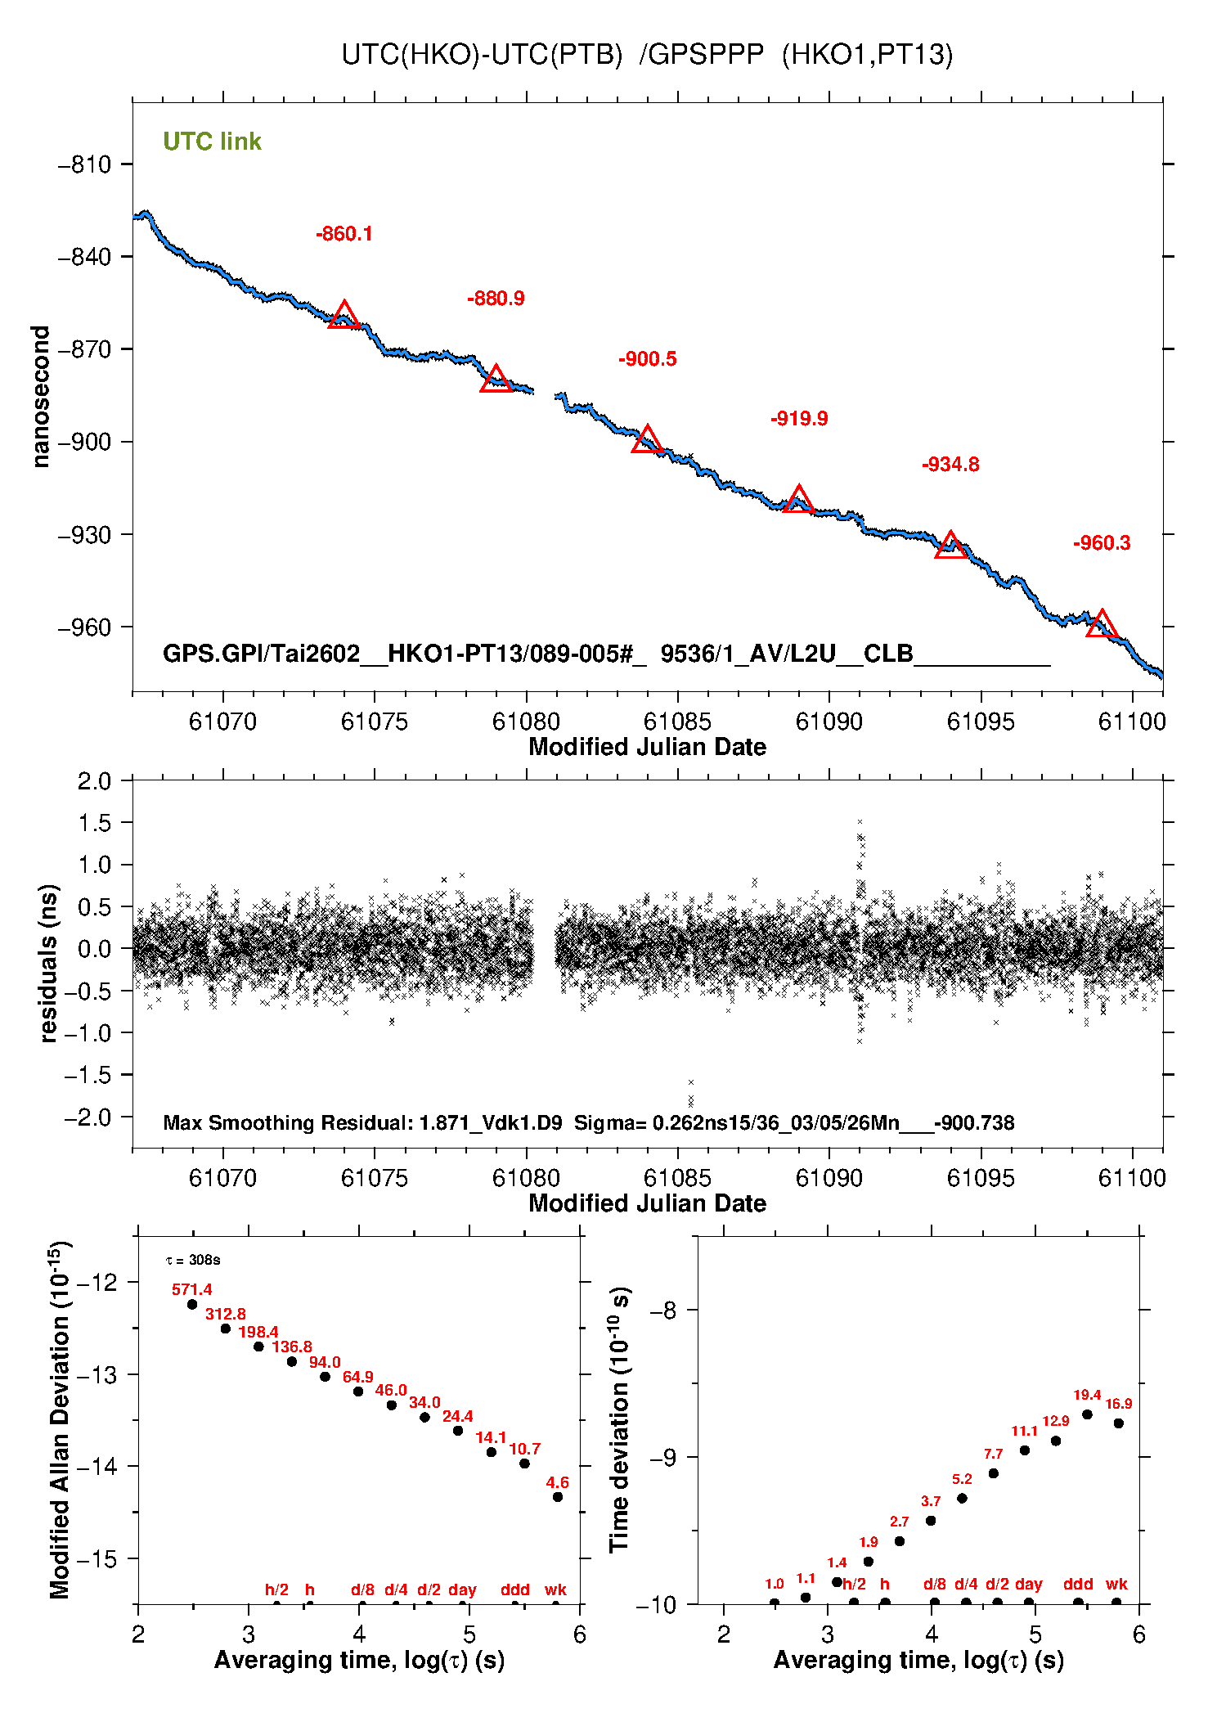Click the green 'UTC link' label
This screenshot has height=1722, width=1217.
pyautogui.click(x=212, y=142)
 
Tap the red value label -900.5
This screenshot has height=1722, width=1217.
pyautogui.click(x=647, y=359)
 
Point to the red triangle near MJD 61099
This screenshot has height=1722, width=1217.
pyautogui.click(x=1102, y=624)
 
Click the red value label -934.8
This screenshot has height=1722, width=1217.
pyautogui.click(x=950, y=465)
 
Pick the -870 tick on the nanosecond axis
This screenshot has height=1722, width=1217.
pyautogui.click(x=84, y=349)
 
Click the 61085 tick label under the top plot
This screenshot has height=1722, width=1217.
pyautogui.click(x=677, y=722)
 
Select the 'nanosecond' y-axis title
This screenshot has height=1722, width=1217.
pyautogui.click(x=41, y=397)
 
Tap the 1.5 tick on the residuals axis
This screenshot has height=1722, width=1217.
pyautogui.click(x=94, y=823)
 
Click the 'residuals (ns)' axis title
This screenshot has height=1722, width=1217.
pyautogui.click(x=49, y=963)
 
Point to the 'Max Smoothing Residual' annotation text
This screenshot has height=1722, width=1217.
pyautogui.click(x=362, y=1122)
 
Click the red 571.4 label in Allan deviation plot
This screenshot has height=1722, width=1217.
pyautogui.click(x=191, y=1289)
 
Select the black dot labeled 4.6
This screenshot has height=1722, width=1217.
pyautogui.click(x=558, y=1497)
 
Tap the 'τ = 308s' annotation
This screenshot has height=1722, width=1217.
pyautogui.click(x=193, y=1260)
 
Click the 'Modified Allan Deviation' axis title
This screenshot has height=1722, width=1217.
pyautogui.click(x=61, y=1419)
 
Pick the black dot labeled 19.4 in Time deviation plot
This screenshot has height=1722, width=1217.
pyautogui.click(x=1087, y=1414)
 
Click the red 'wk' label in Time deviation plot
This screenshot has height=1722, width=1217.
pyautogui.click(x=1116, y=1584)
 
